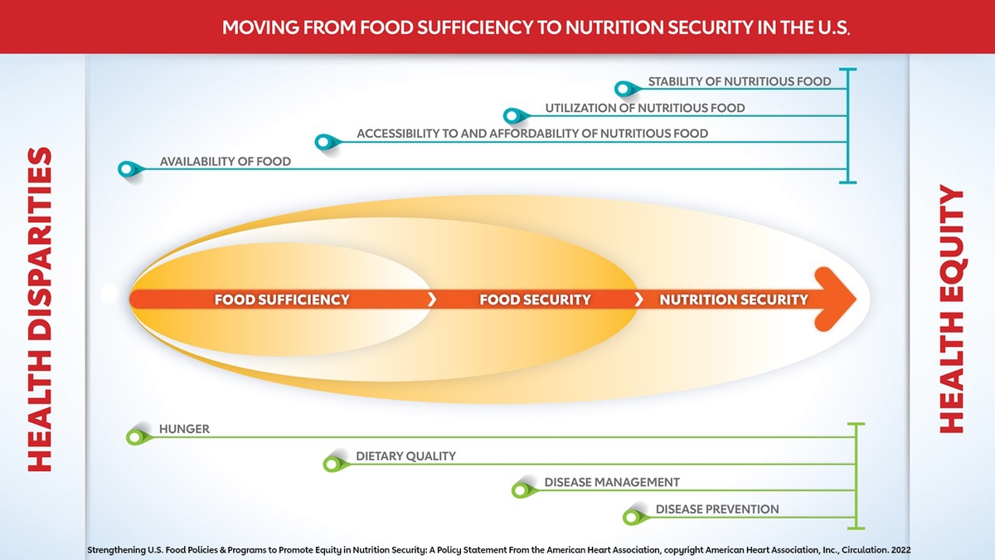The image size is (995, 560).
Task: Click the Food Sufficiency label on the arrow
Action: tap(282, 299)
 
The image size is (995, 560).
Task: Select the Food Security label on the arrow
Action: tap(536, 299)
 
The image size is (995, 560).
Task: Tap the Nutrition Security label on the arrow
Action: tap(734, 299)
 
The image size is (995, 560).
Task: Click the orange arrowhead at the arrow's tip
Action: tap(835, 299)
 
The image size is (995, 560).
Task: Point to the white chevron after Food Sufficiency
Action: tap(432, 299)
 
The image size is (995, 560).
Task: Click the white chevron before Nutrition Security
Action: tap(638, 299)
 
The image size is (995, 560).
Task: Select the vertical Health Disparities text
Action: tap(40, 309)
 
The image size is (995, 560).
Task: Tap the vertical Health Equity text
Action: tap(952, 309)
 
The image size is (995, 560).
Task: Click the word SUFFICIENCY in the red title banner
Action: tap(475, 27)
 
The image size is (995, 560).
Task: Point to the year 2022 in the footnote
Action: tap(900, 550)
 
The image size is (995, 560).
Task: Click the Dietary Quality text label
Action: tap(406, 456)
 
